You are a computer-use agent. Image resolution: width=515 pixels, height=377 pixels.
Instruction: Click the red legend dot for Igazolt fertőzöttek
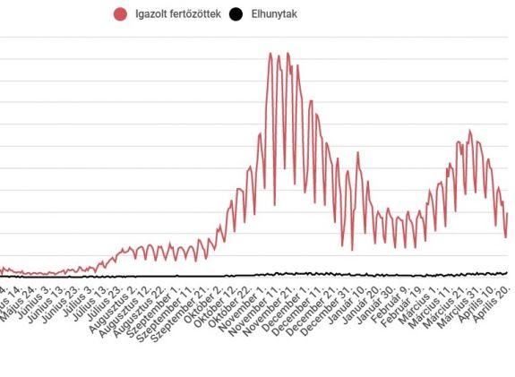point(120,14)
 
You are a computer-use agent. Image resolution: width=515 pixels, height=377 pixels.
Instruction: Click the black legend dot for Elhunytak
point(236,14)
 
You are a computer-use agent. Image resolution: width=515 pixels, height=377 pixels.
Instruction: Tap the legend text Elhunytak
point(276,14)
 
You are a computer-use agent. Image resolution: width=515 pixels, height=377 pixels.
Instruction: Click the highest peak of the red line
point(270,54)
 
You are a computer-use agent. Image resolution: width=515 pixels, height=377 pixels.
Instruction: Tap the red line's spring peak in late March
point(468,132)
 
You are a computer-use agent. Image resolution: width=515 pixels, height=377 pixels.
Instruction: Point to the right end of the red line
point(507,213)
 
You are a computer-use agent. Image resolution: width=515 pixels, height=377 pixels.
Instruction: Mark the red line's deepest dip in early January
point(353,250)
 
